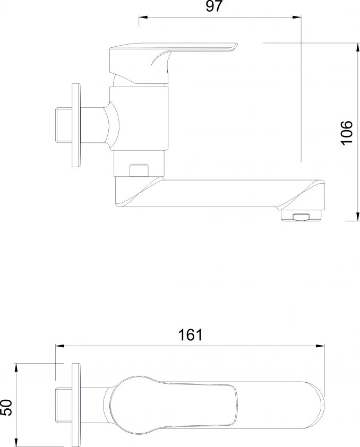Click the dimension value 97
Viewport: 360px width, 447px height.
click(214, 6)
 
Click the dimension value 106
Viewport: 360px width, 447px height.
click(347, 133)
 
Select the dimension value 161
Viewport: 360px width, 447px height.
click(191, 335)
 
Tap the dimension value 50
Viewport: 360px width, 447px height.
click(6, 407)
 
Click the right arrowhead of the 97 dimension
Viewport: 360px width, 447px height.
click(297, 18)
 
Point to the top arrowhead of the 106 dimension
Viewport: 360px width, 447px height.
click(357, 47)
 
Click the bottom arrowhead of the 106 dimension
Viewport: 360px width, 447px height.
click(357, 217)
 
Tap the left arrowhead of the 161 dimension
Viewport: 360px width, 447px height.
click(59, 346)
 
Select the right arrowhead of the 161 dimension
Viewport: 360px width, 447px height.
click(320, 346)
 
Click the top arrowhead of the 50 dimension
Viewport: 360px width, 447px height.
click(16, 368)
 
